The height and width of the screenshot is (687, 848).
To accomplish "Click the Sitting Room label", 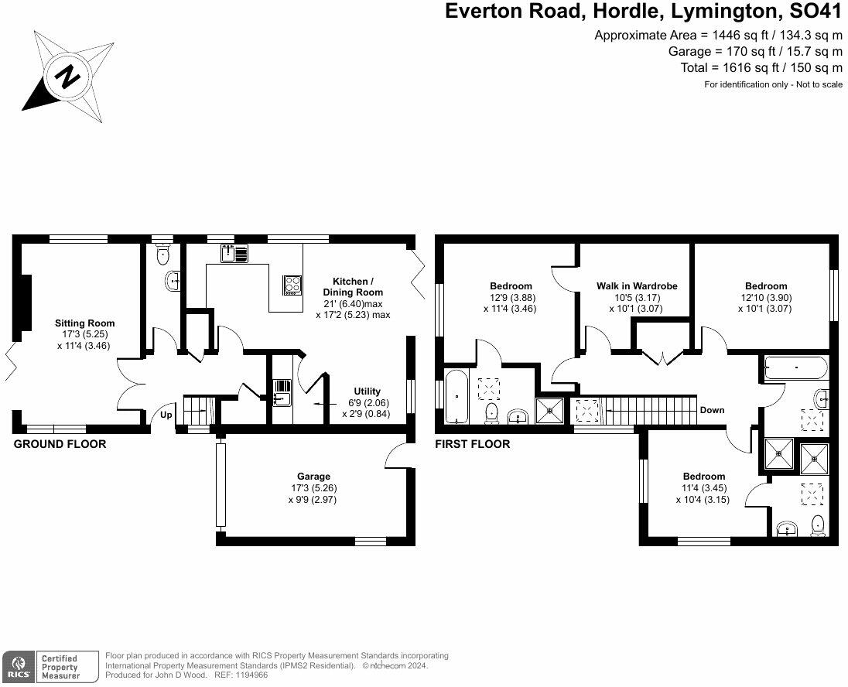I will [84, 323].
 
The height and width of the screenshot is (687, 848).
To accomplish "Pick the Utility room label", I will [367, 391].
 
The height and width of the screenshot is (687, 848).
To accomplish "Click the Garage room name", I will [314, 477].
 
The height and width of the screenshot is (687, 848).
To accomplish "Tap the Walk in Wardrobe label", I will [637, 286].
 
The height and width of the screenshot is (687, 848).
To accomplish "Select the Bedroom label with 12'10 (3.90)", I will [766, 286].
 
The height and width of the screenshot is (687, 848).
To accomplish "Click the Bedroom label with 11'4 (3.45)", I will [704, 477].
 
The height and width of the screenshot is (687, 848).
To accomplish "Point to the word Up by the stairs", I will [166, 415].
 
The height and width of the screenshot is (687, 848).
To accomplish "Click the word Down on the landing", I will [712, 410].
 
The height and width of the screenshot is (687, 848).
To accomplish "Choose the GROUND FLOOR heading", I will [60, 444].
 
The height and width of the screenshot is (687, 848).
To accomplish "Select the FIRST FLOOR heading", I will [473, 444].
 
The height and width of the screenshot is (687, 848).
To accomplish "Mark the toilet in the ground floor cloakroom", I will [162, 254].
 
